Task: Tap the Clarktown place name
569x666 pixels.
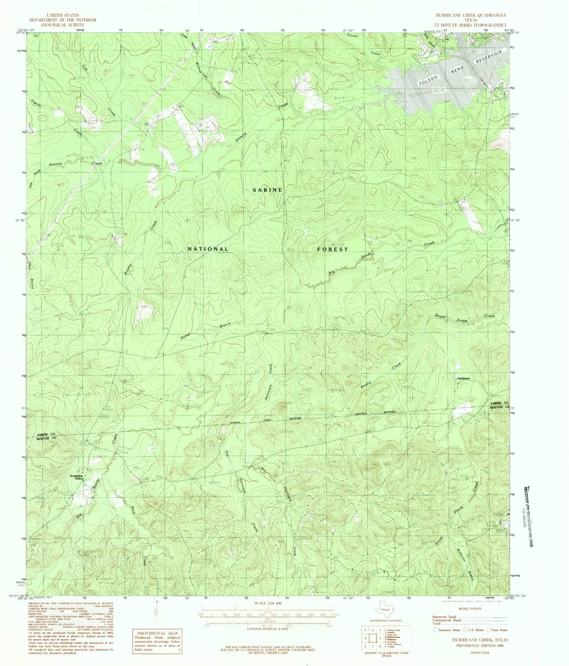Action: [463, 379]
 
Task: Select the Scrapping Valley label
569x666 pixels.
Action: [76, 476]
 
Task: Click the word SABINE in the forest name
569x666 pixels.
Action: [267, 190]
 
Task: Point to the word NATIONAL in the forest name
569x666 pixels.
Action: [208, 249]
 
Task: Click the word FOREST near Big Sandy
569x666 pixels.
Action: [332, 249]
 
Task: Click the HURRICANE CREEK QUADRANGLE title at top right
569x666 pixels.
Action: [470, 15]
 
